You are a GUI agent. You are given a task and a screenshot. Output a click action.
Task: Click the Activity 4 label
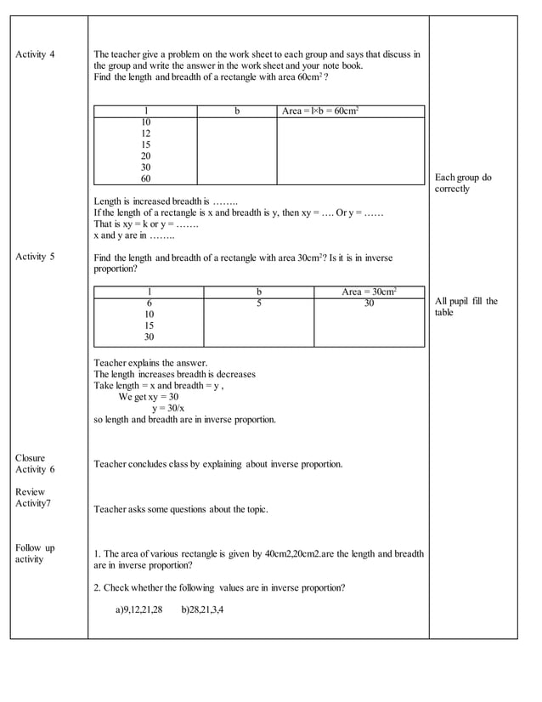click(x=35, y=54)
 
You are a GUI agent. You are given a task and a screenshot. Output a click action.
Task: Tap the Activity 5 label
click(x=35, y=258)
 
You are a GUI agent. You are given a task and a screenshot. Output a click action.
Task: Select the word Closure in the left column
click(x=31, y=458)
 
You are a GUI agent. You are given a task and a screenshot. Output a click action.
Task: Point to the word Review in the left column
click(x=31, y=492)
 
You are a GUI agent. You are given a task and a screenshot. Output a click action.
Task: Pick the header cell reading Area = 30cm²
click(x=369, y=292)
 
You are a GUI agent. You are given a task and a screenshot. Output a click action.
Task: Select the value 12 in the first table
click(x=146, y=133)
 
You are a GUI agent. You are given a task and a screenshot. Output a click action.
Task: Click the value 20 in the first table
click(x=146, y=156)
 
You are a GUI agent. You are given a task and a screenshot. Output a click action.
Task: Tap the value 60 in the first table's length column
click(x=146, y=179)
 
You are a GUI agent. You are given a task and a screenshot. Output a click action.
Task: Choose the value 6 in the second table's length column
click(x=150, y=303)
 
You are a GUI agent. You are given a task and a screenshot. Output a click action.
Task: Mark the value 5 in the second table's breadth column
click(x=259, y=303)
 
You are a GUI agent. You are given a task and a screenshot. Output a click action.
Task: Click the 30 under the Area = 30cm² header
click(x=369, y=303)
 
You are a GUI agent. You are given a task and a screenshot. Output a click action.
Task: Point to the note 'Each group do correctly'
click(x=463, y=184)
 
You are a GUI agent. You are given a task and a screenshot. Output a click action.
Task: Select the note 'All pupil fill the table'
click(x=466, y=307)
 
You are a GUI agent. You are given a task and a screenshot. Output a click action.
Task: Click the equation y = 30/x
click(x=171, y=408)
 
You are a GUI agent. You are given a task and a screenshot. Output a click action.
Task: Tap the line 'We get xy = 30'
click(x=149, y=397)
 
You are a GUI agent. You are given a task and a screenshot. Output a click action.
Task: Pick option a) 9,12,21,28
click(x=138, y=609)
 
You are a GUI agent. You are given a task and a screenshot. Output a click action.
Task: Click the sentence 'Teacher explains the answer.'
click(x=150, y=363)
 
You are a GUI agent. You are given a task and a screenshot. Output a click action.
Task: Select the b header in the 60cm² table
click(x=237, y=111)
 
